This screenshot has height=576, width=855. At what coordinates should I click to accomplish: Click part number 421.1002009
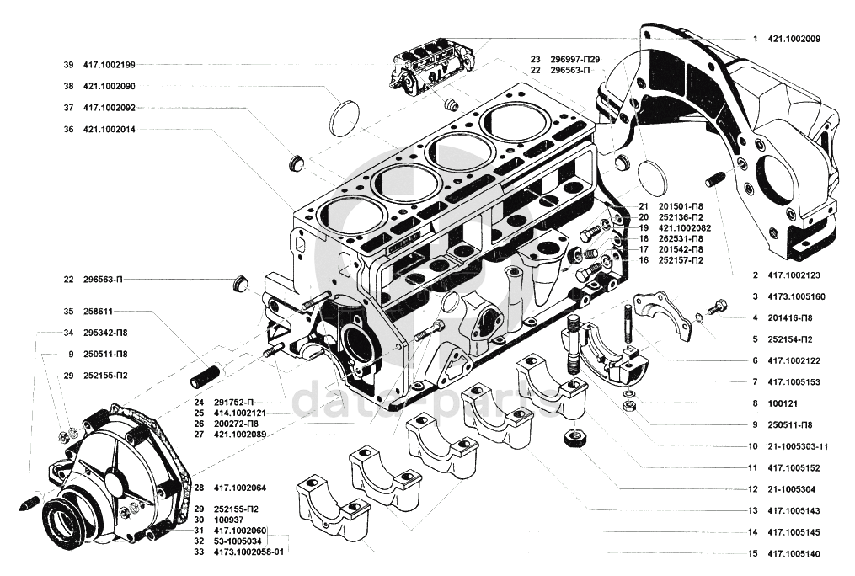point(794,39)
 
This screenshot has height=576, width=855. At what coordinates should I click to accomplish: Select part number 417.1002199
point(109,65)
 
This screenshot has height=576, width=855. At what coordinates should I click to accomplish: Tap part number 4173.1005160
point(796,297)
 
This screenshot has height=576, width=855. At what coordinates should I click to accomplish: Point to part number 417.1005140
point(794,554)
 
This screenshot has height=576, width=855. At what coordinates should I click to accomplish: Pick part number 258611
point(98,312)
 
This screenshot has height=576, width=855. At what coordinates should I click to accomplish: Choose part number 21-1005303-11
point(798,447)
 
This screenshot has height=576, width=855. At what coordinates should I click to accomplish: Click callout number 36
point(68,130)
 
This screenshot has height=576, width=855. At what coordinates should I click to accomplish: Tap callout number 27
point(199,435)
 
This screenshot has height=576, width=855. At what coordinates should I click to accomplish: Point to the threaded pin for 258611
point(206,376)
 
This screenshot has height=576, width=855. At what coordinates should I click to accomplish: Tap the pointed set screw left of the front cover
point(31,501)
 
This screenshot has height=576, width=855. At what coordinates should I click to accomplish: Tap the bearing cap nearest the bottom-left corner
point(334,510)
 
